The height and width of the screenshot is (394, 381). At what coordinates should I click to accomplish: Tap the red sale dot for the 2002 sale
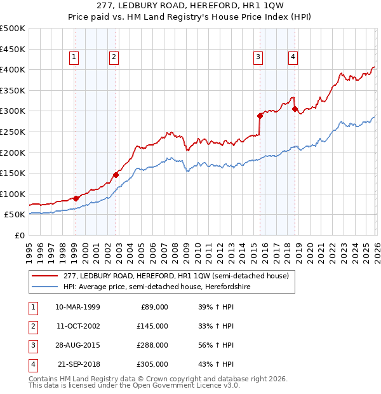pos(116,175)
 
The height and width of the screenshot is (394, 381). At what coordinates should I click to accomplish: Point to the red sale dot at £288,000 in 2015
pos(260,116)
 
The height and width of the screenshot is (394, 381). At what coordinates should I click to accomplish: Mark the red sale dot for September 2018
pos(295,109)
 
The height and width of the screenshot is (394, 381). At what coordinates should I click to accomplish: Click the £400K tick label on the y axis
pos(13,69)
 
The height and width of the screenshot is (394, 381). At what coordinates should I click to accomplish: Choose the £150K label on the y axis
pos(13,173)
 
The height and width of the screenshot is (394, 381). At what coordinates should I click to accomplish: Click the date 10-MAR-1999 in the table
pos(77,307)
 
